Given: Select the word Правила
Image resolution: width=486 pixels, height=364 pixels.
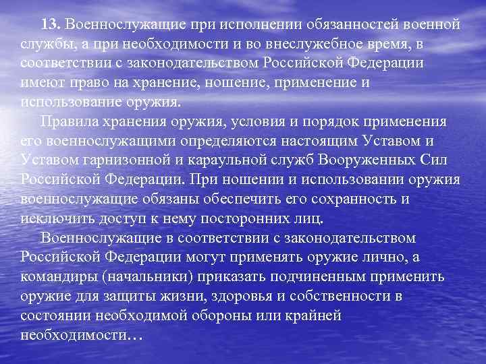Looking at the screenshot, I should (70, 122).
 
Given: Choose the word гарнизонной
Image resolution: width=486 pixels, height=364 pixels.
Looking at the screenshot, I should (148, 161).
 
